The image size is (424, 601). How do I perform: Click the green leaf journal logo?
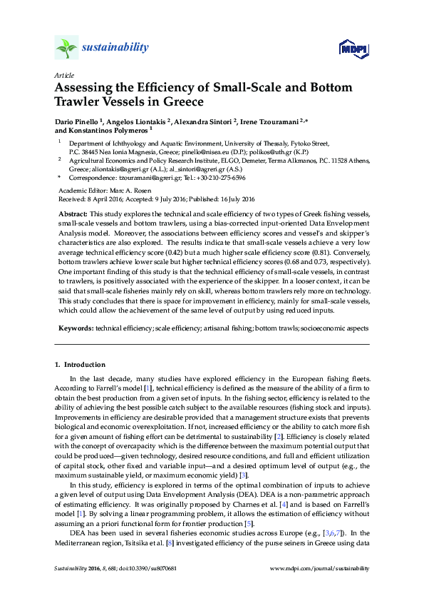(x=66, y=48)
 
